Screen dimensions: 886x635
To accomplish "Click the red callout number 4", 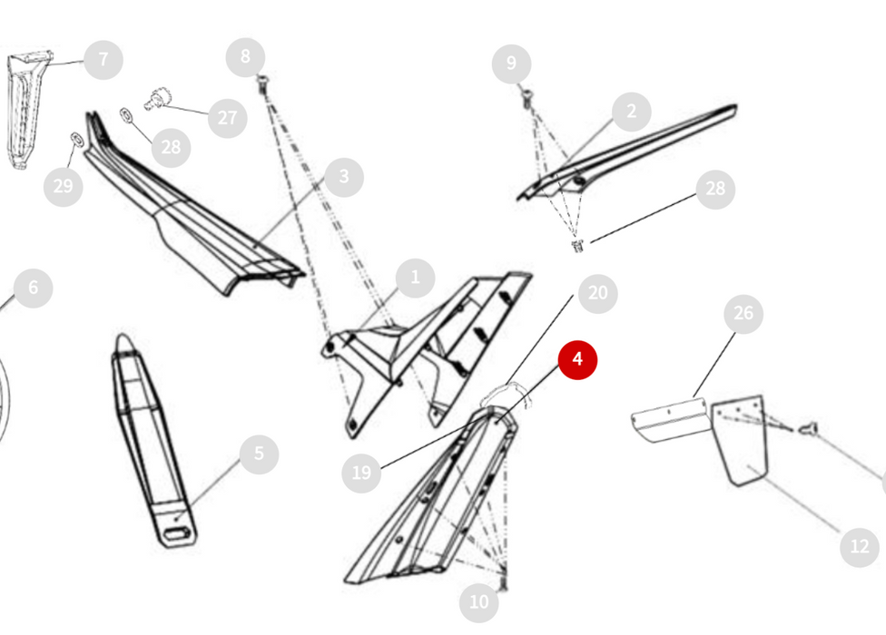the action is click(x=577, y=359).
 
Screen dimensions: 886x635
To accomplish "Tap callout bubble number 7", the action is click(x=103, y=60).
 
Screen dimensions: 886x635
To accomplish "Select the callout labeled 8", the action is click(x=245, y=57).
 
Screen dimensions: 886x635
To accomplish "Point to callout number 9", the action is click(x=511, y=63).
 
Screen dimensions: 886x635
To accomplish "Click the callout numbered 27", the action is click(x=227, y=118).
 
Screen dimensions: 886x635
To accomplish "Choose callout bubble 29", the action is click(x=64, y=186).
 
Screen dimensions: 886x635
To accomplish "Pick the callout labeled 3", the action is click(x=343, y=177).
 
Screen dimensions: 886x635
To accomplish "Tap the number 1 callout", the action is click(x=416, y=278).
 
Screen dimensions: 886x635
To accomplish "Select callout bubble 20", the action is click(x=598, y=294).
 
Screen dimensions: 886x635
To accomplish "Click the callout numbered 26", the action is click(x=743, y=313).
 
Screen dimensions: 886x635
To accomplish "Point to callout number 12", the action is click(x=860, y=546).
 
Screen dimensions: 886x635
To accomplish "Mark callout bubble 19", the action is click(x=361, y=472).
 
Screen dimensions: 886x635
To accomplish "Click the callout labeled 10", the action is click(x=479, y=602).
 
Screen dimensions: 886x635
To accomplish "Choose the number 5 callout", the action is click(x=259, y=454).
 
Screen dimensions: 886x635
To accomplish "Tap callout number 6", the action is click(x=34, y=288).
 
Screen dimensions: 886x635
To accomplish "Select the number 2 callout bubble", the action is click(x=631, y=112).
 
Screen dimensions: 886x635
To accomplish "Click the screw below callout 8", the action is click(x=262, y=84).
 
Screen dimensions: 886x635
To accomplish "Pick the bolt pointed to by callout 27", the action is click(x=155, y=99).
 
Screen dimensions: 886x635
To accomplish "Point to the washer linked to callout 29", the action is click(x=76, y=139).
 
